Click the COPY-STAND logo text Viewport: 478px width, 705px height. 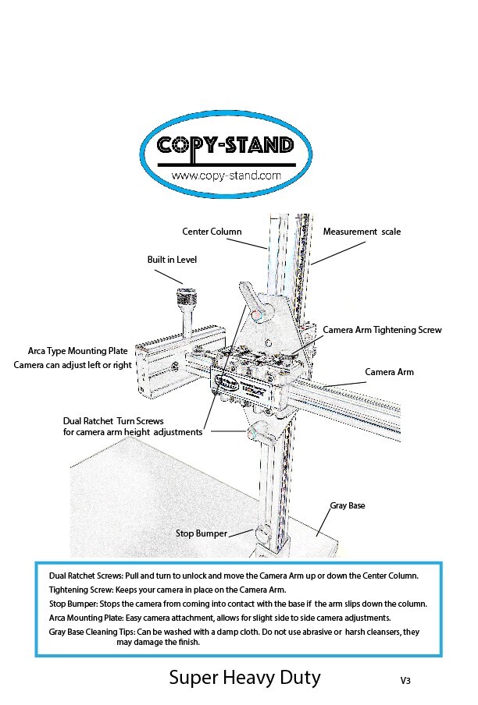226,146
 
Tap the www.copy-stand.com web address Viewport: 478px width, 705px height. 226,175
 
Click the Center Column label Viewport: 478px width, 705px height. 212,232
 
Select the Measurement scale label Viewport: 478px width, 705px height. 362,232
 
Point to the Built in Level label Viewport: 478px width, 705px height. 172,260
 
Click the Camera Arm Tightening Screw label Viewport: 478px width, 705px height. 382,330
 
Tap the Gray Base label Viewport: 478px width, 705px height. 348,505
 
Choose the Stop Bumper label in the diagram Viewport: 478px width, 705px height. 202,533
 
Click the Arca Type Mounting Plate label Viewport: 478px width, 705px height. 78,351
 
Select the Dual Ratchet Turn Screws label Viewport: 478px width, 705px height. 113,421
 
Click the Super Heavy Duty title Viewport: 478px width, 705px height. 244,677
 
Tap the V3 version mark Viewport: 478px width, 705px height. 405,681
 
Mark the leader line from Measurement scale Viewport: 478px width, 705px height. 338,253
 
